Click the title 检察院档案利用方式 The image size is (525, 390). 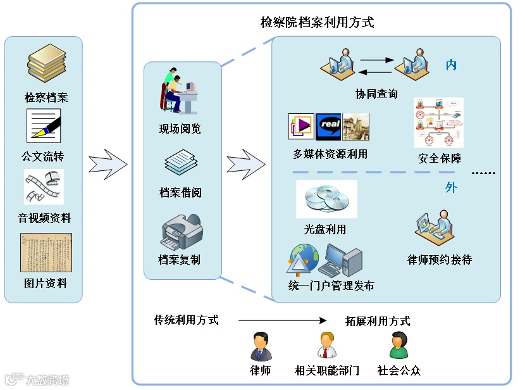(x=318, y=23)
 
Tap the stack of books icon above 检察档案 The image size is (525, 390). (x=46, y=63)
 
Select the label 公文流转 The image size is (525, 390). (x=43, y=156)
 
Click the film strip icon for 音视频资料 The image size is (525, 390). (x=44, y=186)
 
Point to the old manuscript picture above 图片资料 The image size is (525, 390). (x=46, y=251)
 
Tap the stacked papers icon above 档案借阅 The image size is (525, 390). (x=181, y=163)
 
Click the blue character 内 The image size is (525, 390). (x=451, y=65)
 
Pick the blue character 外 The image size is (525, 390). (x=451, y=187)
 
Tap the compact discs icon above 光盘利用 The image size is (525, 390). (x=326, y=199)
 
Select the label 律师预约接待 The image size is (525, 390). (x=440, y=260)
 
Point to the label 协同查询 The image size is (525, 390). (x=376, y=94)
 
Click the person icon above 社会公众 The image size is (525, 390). (x=398, y=345)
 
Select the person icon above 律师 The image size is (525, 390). (x=260, y=346)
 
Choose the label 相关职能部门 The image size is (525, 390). (x=327, y=370)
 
